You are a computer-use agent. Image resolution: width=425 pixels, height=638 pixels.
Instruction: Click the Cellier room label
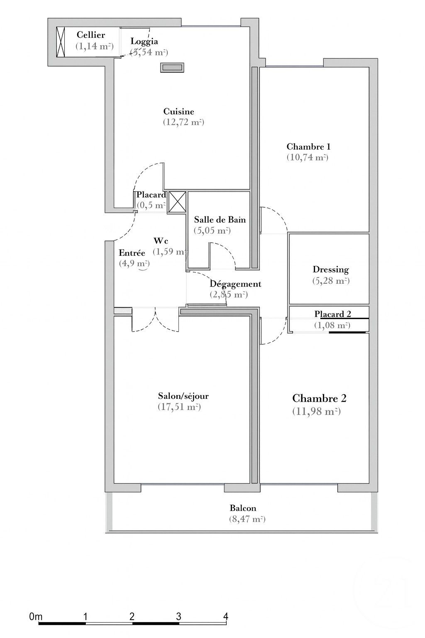click(x=90, y=35)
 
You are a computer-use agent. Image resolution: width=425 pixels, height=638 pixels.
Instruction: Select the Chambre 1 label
click(x=308, y=147)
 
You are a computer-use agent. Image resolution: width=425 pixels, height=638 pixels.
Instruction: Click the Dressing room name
click(x=330, y=270)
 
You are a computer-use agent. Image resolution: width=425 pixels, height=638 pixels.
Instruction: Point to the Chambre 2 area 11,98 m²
click(x=316, y=412)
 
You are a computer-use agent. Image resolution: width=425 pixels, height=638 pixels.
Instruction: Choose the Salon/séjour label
click(x=183, y=396)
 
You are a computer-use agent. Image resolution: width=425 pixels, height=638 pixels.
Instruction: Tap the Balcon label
click(x=243, y=508)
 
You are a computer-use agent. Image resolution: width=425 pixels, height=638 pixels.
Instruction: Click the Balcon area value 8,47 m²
click(x=247, y=519)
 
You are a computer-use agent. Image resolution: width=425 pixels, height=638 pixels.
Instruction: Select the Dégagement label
click(x=235, y=284)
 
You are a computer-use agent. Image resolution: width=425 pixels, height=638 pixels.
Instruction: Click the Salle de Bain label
click(x=220, y=220)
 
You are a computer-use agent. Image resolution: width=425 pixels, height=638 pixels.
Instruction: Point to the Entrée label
click(x=132, y=253)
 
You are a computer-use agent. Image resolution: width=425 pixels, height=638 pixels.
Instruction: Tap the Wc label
click(x=161, y=241)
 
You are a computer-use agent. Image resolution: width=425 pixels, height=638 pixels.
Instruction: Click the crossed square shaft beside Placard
click(x=177, y=202)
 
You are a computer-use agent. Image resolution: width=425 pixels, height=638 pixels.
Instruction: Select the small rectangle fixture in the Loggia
click(x=172, y=67)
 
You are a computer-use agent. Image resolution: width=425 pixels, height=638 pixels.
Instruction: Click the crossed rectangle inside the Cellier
click(x=61, y=42)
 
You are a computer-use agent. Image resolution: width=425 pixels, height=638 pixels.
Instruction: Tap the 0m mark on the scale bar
click(x=36, y=617)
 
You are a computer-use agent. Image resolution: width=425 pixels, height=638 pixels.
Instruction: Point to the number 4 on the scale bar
click(x=225, y=616)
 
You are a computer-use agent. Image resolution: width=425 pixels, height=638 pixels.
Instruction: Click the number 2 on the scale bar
click(x=132, y=616)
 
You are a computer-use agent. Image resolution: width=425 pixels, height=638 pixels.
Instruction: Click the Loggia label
click(x=144, y=41)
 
